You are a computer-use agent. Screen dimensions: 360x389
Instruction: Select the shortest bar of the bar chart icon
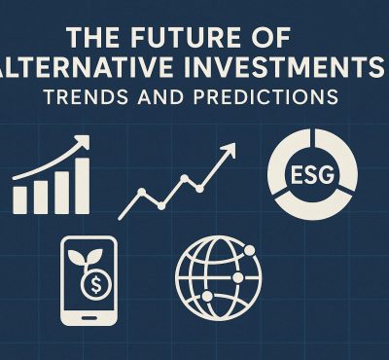[x=20, y=200]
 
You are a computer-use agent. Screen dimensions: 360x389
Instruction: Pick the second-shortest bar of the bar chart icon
[x=40, y=197]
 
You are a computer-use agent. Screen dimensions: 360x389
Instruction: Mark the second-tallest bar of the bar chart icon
[x=60, y=192]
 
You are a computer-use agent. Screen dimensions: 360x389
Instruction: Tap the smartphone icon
[x=88, y=281]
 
